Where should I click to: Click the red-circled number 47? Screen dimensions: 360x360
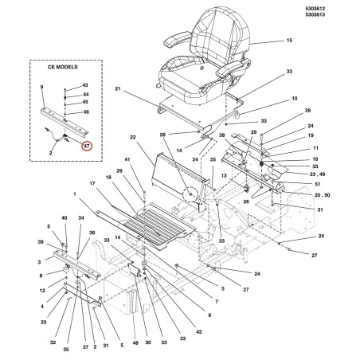point(87,146)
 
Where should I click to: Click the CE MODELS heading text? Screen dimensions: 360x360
point(63,67)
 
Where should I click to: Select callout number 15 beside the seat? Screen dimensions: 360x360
point(289,41)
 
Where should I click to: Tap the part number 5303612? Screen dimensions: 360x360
point(315,9)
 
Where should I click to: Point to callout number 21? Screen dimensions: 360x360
point(118,88)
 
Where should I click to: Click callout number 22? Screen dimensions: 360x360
point(133,137)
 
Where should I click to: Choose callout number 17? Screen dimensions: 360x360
point(92,183)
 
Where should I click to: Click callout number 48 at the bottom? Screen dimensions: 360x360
point(135,343)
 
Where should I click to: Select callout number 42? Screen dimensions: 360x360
point(199,331)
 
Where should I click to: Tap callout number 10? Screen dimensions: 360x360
point(295,99)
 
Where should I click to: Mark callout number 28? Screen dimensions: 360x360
point(307,110)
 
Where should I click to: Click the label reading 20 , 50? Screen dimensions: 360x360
point(322,195)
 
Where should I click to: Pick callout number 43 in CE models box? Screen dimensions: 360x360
point(85,85)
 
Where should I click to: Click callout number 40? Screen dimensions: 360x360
point(65,218)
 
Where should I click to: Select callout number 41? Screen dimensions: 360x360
point(127,159)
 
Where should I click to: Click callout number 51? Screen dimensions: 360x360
point(318,184)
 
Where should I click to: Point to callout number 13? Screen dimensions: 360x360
point(224,176)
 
